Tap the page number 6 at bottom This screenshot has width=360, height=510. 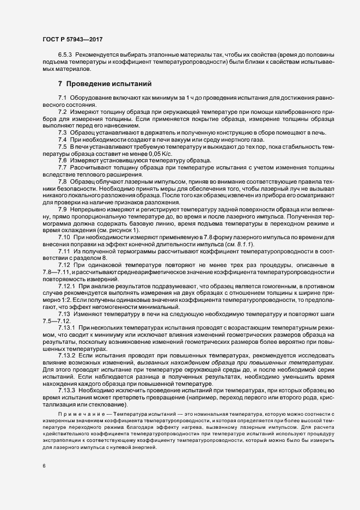pos(44,466)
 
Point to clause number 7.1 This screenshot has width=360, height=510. pos(62,97)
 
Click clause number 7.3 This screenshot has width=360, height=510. pos(62,132)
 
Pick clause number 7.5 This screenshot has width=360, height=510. pos(62,147)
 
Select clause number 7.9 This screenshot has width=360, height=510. pos(62,210)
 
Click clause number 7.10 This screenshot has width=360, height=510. pos(64,238)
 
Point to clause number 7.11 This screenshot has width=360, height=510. pos(64,253)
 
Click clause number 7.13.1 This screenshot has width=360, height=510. pos(66,329)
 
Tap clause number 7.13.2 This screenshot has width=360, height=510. pos(66,356)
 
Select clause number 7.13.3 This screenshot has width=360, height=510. pos(66,391)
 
